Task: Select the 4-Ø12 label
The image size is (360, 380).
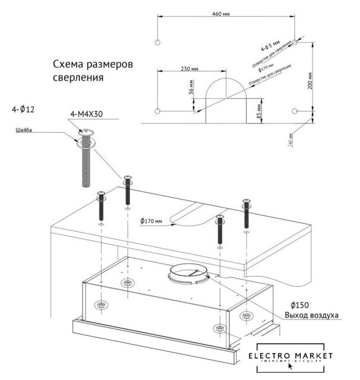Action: [23, 110]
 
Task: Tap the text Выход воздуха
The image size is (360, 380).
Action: [312, 315]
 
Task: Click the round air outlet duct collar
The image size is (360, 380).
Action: [189, 274]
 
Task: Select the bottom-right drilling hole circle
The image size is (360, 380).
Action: [296, 112]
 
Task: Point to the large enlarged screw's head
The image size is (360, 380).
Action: [83, 137]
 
